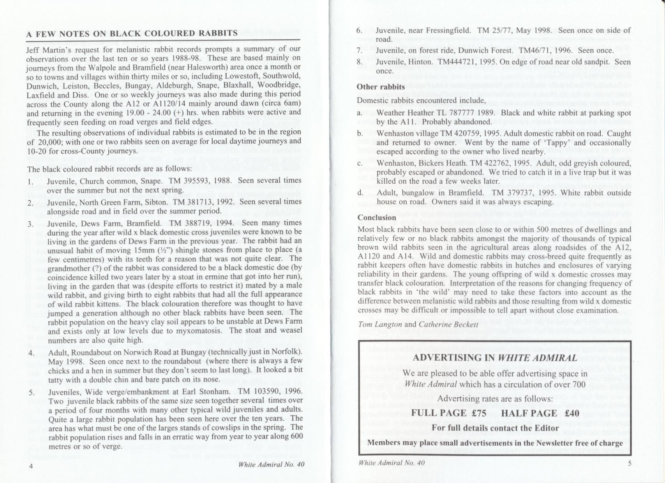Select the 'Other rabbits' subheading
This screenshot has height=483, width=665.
pos(381,86)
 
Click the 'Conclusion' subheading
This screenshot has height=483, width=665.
pos(377,217)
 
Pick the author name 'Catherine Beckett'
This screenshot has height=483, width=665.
pos(448,324)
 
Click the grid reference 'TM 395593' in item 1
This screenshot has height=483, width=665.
pos(187,181)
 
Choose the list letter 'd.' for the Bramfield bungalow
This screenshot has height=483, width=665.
pos(361,193)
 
